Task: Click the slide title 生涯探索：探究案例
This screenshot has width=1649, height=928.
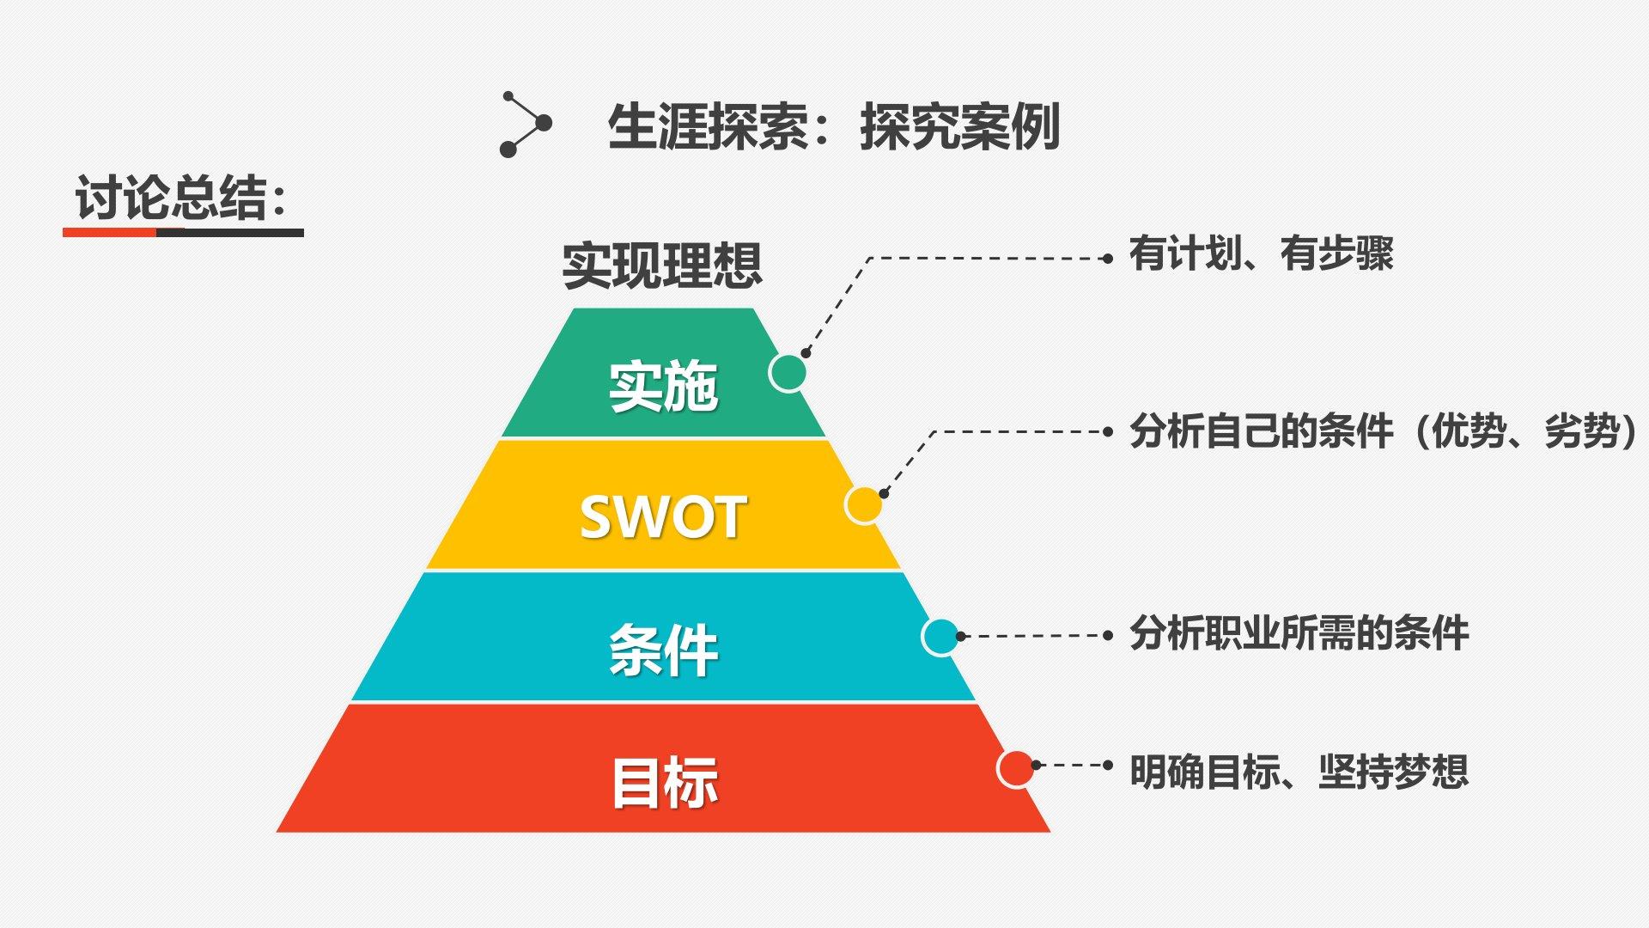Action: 833,127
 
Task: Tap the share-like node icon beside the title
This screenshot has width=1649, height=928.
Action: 525,125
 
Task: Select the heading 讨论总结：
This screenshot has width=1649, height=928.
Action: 180,198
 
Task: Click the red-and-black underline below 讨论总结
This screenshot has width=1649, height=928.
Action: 183,232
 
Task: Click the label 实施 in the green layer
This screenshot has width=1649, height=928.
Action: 663,387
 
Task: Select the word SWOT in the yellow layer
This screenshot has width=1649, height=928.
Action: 662,517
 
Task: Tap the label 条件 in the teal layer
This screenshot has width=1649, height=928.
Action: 663,650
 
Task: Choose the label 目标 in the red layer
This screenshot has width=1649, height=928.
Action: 664,782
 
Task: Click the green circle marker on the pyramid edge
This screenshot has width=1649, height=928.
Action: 788,373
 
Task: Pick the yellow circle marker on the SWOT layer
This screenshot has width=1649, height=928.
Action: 864,505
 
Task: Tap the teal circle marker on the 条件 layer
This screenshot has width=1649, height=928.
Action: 940,637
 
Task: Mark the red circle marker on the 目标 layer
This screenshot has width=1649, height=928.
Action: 1016,768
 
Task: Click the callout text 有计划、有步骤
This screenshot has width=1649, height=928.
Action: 1261,254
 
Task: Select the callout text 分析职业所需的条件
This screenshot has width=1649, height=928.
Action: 1299,634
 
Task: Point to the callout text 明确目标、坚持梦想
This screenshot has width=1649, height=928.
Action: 1299,772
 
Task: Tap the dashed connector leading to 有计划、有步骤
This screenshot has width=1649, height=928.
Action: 988,258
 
